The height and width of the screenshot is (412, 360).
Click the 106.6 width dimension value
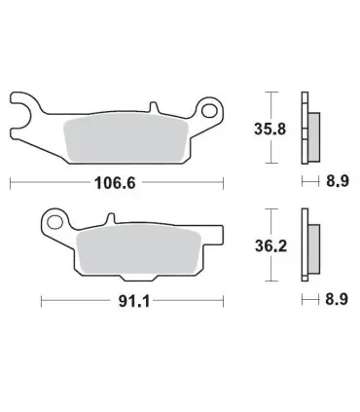point(115,183)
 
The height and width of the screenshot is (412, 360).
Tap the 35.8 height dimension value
point(270,129)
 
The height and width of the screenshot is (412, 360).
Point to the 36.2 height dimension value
point(270,246)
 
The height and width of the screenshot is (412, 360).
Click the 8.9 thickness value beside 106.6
point(338,181)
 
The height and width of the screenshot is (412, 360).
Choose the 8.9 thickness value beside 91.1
point(337,299)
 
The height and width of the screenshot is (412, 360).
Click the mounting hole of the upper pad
point(209,110)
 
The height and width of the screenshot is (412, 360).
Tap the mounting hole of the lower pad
point(54,223)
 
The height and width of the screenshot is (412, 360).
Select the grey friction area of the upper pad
point(126,139)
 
